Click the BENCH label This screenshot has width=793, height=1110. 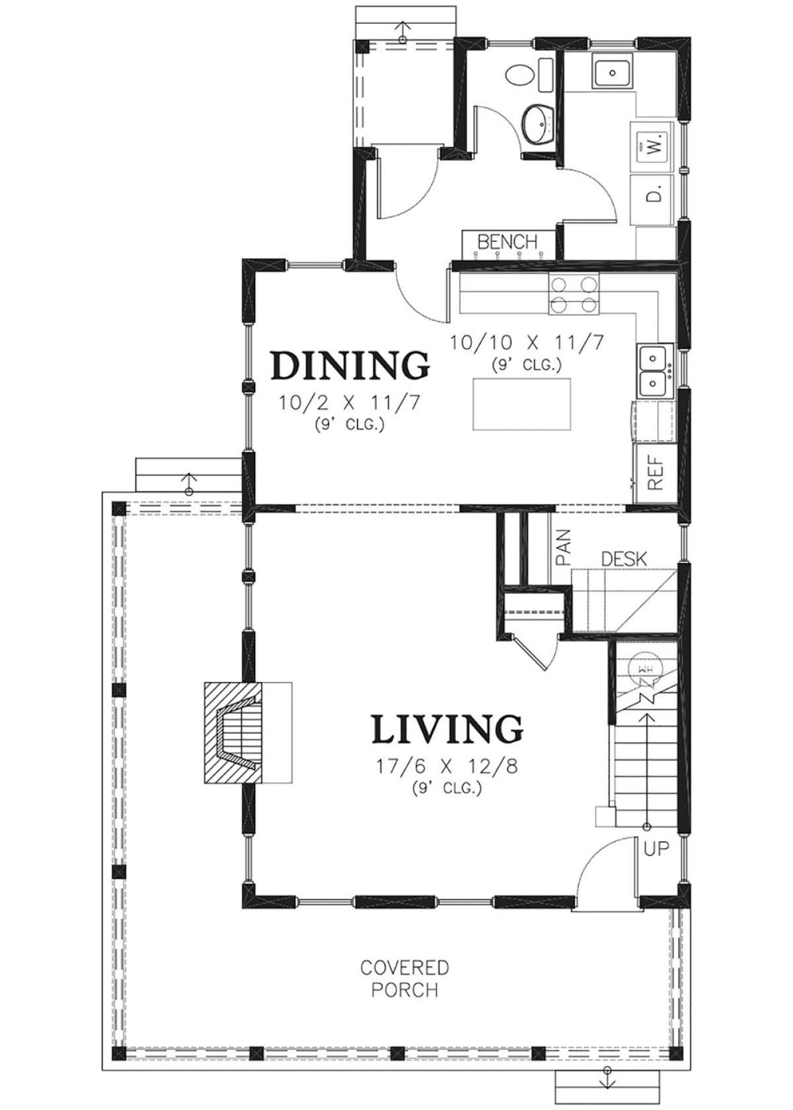pos(507,242)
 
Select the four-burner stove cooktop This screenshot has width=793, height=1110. pos(574,295)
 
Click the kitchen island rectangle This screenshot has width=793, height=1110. pos(521,404)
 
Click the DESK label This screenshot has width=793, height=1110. pos(624,560)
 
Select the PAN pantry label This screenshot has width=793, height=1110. pos(563,548)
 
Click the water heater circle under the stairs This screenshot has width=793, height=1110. pos(645,667)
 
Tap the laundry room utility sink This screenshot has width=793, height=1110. pos(613,73)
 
